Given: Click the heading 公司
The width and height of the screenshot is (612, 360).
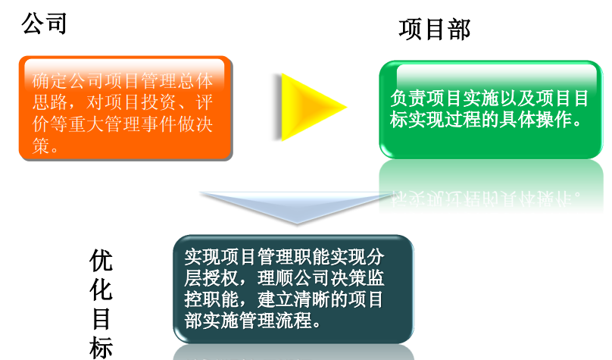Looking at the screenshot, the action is (x=44, y=23).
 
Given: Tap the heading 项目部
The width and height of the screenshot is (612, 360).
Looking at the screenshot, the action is (x=435, y=30).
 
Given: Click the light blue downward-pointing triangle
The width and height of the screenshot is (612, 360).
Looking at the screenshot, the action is (x=297, y=207).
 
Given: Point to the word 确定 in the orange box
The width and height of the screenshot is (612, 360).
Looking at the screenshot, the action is (x=50, y=81).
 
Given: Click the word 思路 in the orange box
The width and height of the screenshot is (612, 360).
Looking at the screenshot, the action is (x=50, y=102).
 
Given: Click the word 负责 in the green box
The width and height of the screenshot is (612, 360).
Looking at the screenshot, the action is (x=407, y=98).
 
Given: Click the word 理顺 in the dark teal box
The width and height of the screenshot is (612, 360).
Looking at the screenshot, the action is (x=276, y=278).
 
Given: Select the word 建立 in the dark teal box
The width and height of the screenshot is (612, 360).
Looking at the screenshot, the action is (x=276, y=299).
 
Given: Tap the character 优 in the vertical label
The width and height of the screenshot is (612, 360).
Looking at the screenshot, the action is (x=101, y=261).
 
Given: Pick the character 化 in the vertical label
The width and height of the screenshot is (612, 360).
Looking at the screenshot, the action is (x=101, y=290).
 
